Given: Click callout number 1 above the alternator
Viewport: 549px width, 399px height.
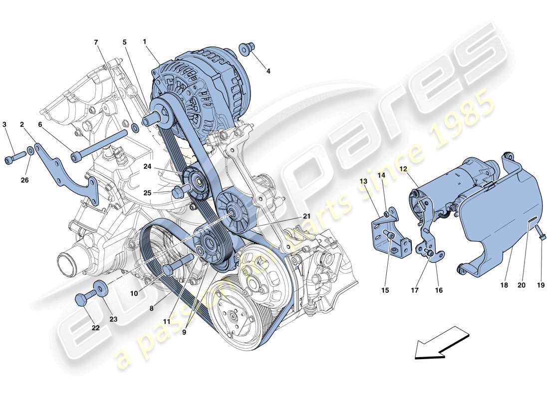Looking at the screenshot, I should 144,42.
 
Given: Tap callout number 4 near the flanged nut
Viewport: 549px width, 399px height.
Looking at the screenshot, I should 268,71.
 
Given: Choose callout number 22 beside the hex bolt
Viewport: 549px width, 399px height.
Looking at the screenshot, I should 95,328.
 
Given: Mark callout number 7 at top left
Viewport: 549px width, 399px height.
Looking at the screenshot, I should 96,42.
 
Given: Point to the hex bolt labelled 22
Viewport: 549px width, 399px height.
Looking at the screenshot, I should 82,299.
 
